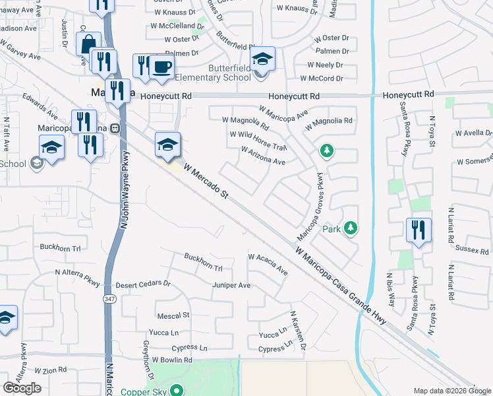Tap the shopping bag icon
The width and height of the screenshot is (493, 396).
(x=88, y=45)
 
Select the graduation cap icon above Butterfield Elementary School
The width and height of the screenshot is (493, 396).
(x=262, y=60)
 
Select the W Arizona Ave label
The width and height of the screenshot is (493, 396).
(x=264, y=157)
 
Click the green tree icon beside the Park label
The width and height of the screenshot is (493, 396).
(x=351, y=228)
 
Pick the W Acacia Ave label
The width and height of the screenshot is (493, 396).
(x=268, y=263)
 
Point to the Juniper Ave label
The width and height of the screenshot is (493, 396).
(x=231, y=285)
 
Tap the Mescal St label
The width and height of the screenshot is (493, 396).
(x=173, y=315)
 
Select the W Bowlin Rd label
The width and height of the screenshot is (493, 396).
(x=171, y=360)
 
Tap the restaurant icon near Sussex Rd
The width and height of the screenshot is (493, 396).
(x=419, y=231)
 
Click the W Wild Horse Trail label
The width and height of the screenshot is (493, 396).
(x=258, y=140)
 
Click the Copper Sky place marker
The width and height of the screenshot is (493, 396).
(x=177, y=390)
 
